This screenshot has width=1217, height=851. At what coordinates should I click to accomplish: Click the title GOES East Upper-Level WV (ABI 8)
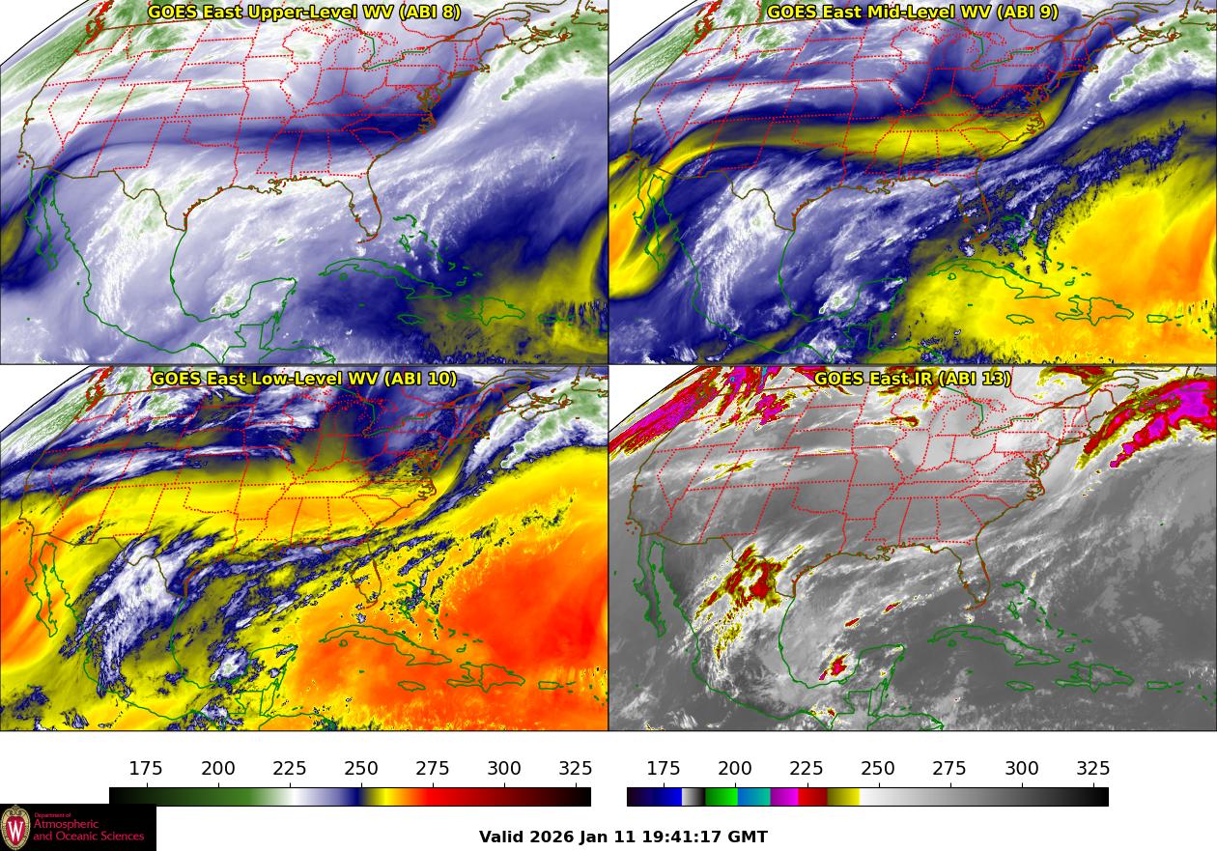[x=304, y=13]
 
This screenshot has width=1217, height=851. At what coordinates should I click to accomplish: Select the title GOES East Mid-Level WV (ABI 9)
[x=912, y=13]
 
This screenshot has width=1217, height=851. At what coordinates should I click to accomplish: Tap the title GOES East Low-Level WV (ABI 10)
[x=304, y=379]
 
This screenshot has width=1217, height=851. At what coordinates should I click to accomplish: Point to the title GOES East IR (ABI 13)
[x=912, y=379]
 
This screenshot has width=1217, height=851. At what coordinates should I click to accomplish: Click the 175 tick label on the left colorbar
[x=146, y=769]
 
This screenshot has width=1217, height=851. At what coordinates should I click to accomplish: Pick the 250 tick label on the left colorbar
[x=361, y=769]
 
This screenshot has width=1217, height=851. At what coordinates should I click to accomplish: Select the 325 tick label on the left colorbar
[x=576, y=769]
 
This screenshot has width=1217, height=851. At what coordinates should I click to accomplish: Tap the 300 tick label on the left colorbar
[x=504, y=769]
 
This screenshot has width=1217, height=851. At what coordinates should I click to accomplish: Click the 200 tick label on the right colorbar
[x=735, y=769]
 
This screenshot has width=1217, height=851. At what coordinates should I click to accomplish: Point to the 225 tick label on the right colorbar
[x=807, y=769]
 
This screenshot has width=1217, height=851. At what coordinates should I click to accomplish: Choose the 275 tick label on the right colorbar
[x=949, y=769]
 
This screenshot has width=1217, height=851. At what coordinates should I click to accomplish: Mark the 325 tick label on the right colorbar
[x=1093, y=769]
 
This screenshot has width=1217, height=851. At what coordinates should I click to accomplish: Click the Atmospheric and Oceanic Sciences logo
[x=77, y=828]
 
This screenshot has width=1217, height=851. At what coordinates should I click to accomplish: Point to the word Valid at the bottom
[x=501, y=837]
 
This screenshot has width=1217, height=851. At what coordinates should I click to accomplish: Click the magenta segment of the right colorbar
[x=784, y=797]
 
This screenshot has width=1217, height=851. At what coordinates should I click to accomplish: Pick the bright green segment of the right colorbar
[x=721, y=797]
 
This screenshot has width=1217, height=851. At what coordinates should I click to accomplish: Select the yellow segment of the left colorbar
[x=375, y=797]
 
